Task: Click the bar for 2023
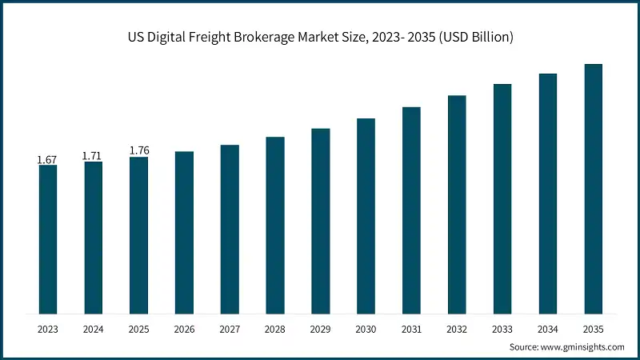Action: [48, 239]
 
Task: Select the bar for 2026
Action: [184, 232]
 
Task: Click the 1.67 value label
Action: [47, 160]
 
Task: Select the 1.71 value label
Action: [93, 156]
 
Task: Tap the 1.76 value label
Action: [138, 150]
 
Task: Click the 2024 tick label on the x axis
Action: [93, 329]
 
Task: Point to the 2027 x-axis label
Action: [230, 329]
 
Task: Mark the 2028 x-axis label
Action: [275, 329]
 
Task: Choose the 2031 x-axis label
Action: [411, 329]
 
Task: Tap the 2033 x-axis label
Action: [502, 329]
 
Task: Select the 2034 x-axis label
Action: [548, 329]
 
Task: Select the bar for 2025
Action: [138, 235]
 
